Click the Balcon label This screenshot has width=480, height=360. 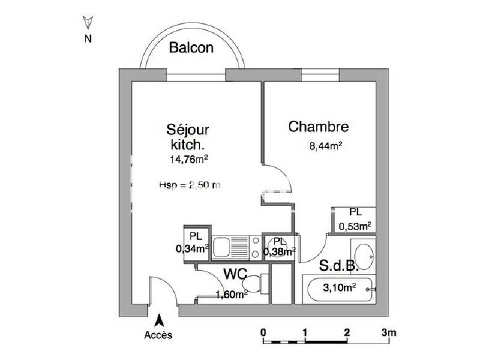(x=191, y=48)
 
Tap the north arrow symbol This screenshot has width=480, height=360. (x=88, y=23)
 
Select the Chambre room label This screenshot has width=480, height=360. (x=318, y=127)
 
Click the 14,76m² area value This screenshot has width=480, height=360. (x=188, y=159)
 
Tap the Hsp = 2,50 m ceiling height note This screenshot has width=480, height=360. (x=190, y=185)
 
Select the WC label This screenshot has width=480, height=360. (x=236, y=274)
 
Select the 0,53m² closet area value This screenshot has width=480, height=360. (x=355, y=226)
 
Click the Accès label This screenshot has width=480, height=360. (x=158, y=335)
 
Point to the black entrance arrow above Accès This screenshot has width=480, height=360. (x=159, y=320)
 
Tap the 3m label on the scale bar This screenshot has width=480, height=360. (x=388, y=332)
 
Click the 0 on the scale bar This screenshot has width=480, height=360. (x=263, y=332)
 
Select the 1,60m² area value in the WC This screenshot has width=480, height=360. (x=232, y=294)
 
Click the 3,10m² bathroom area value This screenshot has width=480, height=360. (x=340, y=287)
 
